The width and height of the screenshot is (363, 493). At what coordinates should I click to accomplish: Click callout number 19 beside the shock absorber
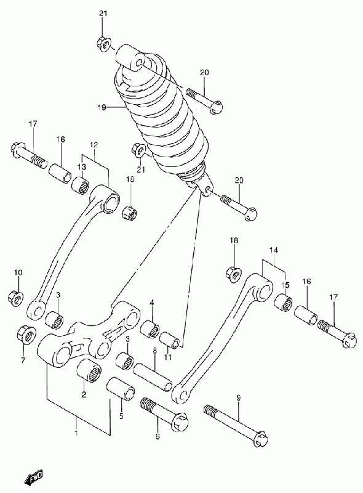pyautogui.click(x=101, y=107)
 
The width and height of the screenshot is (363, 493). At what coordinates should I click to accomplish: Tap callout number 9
pyautogui.click(x=238, y=398)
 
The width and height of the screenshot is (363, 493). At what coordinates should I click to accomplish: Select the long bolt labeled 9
pyautogui.click(x=236, y=424)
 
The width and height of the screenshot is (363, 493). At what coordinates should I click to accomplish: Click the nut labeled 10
pyautogui.click(x=15, y=298)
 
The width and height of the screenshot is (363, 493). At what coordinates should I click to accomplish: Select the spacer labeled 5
pyautogui.click(x=121, y=389)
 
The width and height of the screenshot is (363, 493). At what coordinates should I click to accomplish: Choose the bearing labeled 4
pyautogui.click(x=150, y=330)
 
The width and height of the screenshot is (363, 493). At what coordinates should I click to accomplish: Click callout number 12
pyautogui.click(x=94, y=145)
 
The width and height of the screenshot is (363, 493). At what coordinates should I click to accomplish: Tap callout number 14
pyautogui.click(x=274, y=250)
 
